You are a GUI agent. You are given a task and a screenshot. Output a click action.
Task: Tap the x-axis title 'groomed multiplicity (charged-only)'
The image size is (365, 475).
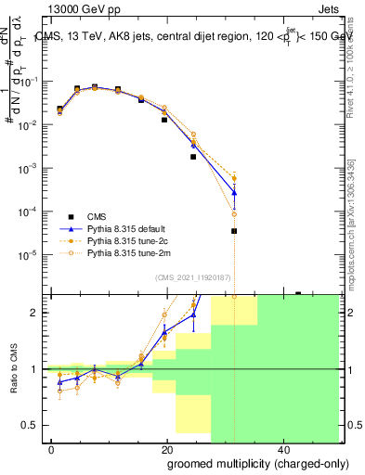[245, 463]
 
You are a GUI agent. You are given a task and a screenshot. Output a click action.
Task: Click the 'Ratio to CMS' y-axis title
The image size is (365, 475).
[13, 368]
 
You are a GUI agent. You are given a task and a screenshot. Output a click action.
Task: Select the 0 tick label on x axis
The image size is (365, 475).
[51, 451]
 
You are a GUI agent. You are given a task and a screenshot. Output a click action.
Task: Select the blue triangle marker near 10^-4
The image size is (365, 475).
[234, 193]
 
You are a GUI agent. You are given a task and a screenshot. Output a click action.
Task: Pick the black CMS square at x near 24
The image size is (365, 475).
[193, 157]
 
